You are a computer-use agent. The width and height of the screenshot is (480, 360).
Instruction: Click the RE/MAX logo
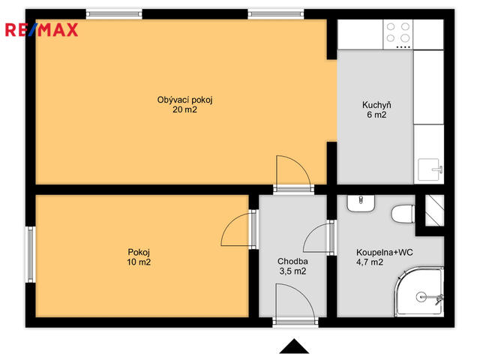click(42, 30)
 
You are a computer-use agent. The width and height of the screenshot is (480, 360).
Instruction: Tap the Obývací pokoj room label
click(185, 100)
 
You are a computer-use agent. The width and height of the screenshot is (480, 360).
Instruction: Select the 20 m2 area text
click(185, 109)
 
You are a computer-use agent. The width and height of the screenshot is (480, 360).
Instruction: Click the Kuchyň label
click(376, 105)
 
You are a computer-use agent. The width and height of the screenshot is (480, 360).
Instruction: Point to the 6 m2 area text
click(376, 115)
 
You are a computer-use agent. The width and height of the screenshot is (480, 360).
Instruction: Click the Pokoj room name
click(139, 253)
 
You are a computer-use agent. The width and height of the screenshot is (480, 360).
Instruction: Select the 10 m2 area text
click(139, 262)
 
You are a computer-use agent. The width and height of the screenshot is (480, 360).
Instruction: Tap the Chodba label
click(292, 262)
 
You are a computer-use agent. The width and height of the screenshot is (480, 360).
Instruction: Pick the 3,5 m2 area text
click(292, 271)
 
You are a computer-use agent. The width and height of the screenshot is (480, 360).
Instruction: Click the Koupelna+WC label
click(385, 253)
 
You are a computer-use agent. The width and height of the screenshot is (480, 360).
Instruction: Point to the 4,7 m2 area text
click(370, 262)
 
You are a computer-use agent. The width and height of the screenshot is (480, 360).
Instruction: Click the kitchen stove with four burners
click(397, 34)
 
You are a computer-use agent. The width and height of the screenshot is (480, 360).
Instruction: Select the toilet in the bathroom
click(403, 214)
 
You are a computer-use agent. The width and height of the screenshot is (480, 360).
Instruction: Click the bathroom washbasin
click(361, 203)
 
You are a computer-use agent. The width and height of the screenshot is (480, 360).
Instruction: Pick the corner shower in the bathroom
click(418, 292)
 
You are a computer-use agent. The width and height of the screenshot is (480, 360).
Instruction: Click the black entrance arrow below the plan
click(294, 346)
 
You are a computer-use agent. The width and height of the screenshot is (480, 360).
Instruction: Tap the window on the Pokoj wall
click(30, 254)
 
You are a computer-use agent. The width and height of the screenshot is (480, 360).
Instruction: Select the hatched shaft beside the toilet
click(435, 211)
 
